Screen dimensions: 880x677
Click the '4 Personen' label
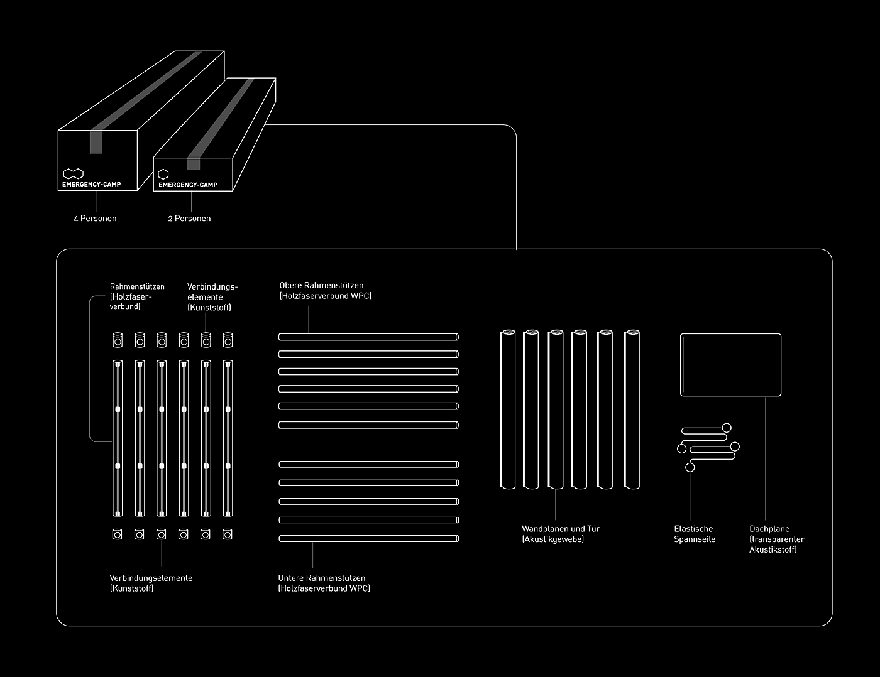point(95,219)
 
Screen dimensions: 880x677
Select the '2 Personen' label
point(189,219)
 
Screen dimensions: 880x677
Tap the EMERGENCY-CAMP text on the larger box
point(91,185)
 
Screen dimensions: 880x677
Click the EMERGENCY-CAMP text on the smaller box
point(187,185)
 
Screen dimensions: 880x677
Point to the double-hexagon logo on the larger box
point(73,173)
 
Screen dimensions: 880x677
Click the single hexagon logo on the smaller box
point(163,173)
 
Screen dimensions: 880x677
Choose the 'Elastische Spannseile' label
point(694,534)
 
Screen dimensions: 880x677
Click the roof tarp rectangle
point(730,365)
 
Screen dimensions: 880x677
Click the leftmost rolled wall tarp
point(508,408)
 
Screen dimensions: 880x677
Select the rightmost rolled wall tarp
point(632,408)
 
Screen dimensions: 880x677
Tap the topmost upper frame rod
point(368,337)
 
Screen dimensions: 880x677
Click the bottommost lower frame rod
point(368,539)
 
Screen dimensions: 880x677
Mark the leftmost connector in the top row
point(118,340)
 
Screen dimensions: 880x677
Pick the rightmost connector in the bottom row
point(228,534)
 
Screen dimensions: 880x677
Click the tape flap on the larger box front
point(96,142)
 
